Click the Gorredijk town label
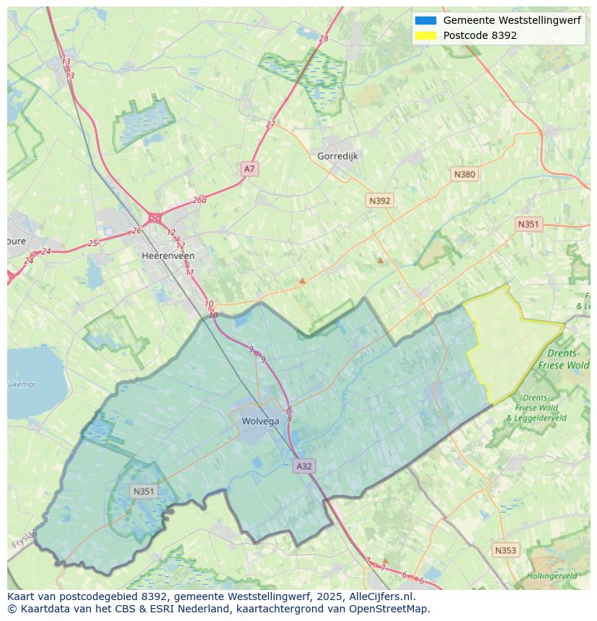tap(337, 156)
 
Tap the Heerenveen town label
tap(168, 255)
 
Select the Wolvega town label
tap(260, 421)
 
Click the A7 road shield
tap(249, 169)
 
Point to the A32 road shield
tap(304, 466)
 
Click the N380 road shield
tap(464, 174)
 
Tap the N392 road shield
tap(379, 201)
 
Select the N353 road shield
tap(505, 550)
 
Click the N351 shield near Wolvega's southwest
tap(143, 491)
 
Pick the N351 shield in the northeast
tap(528, 224)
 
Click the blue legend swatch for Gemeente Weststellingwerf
tap(425, 20)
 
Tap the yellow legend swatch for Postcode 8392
tap(425, 35)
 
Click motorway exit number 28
tap(323, 38)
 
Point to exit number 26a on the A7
tap(200, 200)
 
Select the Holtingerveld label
tap(552, 576)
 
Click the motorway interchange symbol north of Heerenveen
tap(154, 217)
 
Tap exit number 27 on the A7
tap(270, 124)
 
